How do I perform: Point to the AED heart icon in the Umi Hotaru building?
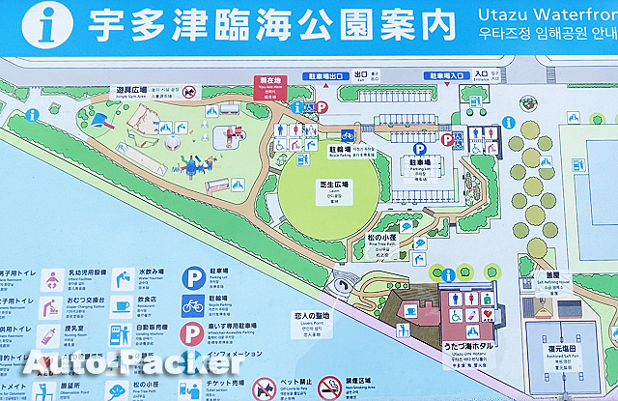tap(492, 313)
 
